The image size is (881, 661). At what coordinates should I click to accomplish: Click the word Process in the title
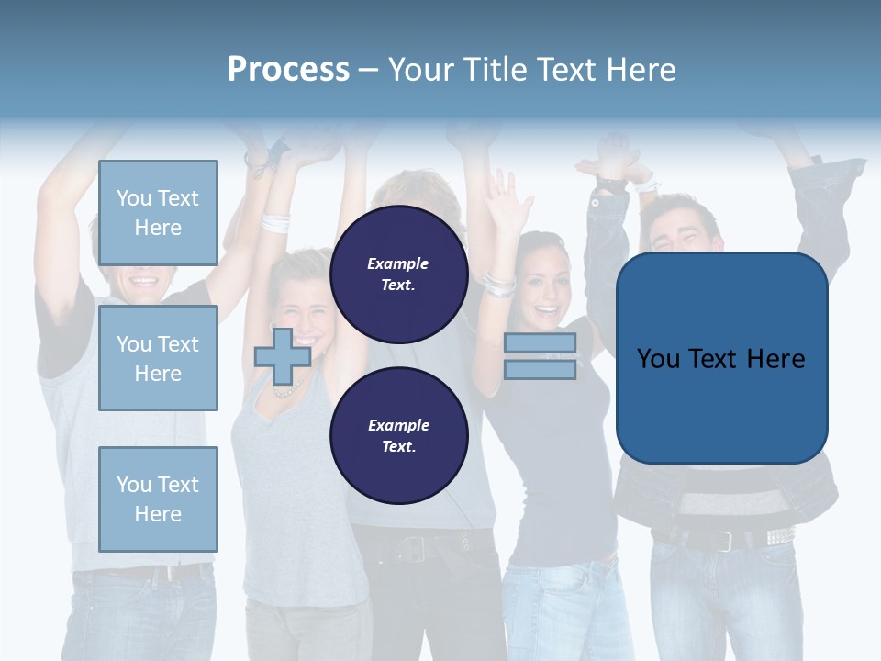[x=288, y=70]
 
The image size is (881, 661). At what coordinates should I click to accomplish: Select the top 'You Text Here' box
[x=158, y=213]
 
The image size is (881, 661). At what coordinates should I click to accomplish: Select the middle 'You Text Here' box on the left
[x=158, y=358]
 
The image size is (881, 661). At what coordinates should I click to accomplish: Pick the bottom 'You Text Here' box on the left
[x=158, y=499]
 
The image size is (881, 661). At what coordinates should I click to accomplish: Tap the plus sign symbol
[x=283, y=356]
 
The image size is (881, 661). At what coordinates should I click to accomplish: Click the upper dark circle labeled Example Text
[x=398, y=274]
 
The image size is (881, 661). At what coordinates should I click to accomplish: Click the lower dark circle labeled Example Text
[x=398, y=435]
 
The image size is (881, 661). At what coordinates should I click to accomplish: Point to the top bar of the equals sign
[x=540, y=343]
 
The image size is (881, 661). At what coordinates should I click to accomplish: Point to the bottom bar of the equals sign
[x=540, y=369]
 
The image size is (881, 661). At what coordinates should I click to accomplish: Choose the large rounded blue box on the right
[x=721, y=358]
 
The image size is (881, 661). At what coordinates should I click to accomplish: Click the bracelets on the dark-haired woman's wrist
[x=500, y=284]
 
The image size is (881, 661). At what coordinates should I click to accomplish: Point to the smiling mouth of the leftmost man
[x=144, y=279]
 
